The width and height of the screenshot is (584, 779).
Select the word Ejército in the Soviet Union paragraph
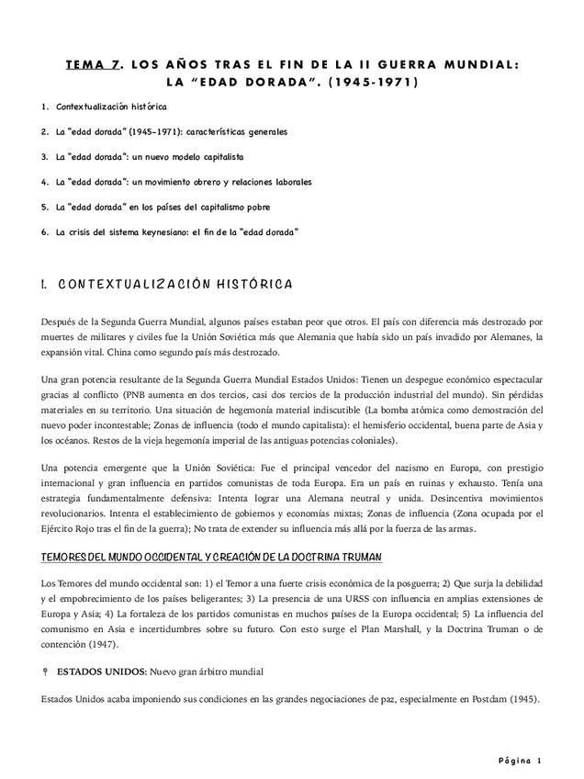pyautogui.click(x=61, y=528)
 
